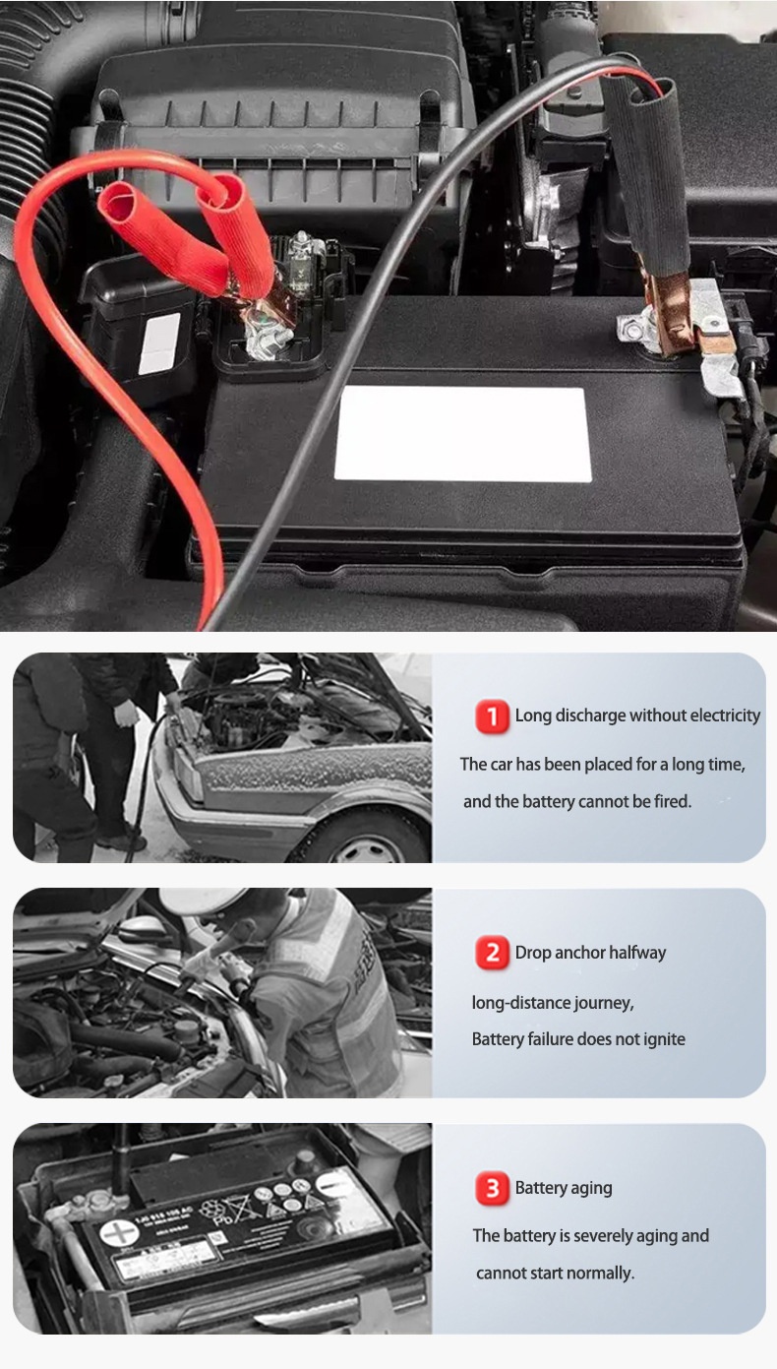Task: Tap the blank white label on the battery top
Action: pyautogui.click(x=462, y=434)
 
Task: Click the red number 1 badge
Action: pyautogui.click(x=493, y=716)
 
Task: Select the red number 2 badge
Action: pyautogui.click(x=493, y=952)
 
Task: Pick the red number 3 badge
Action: pyautogui.click(x=493, y=1188)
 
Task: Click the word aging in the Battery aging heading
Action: pyautogui.click(x=591, y=1189)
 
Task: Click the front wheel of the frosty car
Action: pyautogui.click(x=367, y=840)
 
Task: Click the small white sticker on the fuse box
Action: pyautogui.click(x=159, y=343)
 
